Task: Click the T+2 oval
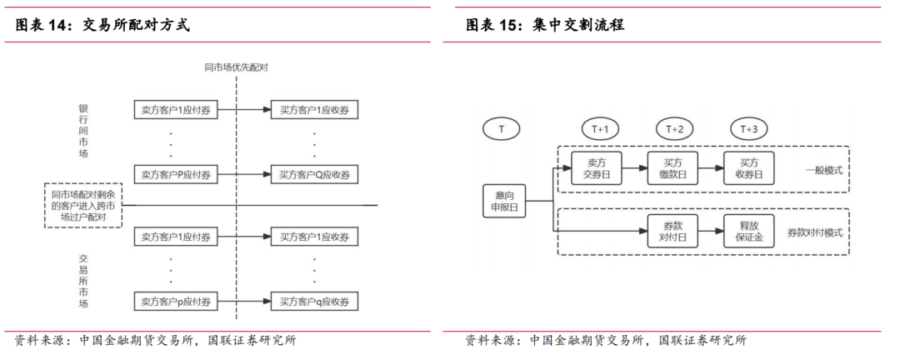[674, 129]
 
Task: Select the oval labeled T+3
[748, 129]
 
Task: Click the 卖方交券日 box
[597, 168]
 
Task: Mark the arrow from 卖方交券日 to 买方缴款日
[635, 168]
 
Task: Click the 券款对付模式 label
[814, 231]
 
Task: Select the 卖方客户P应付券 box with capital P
[176, 174]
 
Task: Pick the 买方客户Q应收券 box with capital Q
[314, 174]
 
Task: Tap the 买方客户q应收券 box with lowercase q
[314, 301]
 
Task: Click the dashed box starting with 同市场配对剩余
[84, 206]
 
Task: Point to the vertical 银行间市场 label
[83, 132]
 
